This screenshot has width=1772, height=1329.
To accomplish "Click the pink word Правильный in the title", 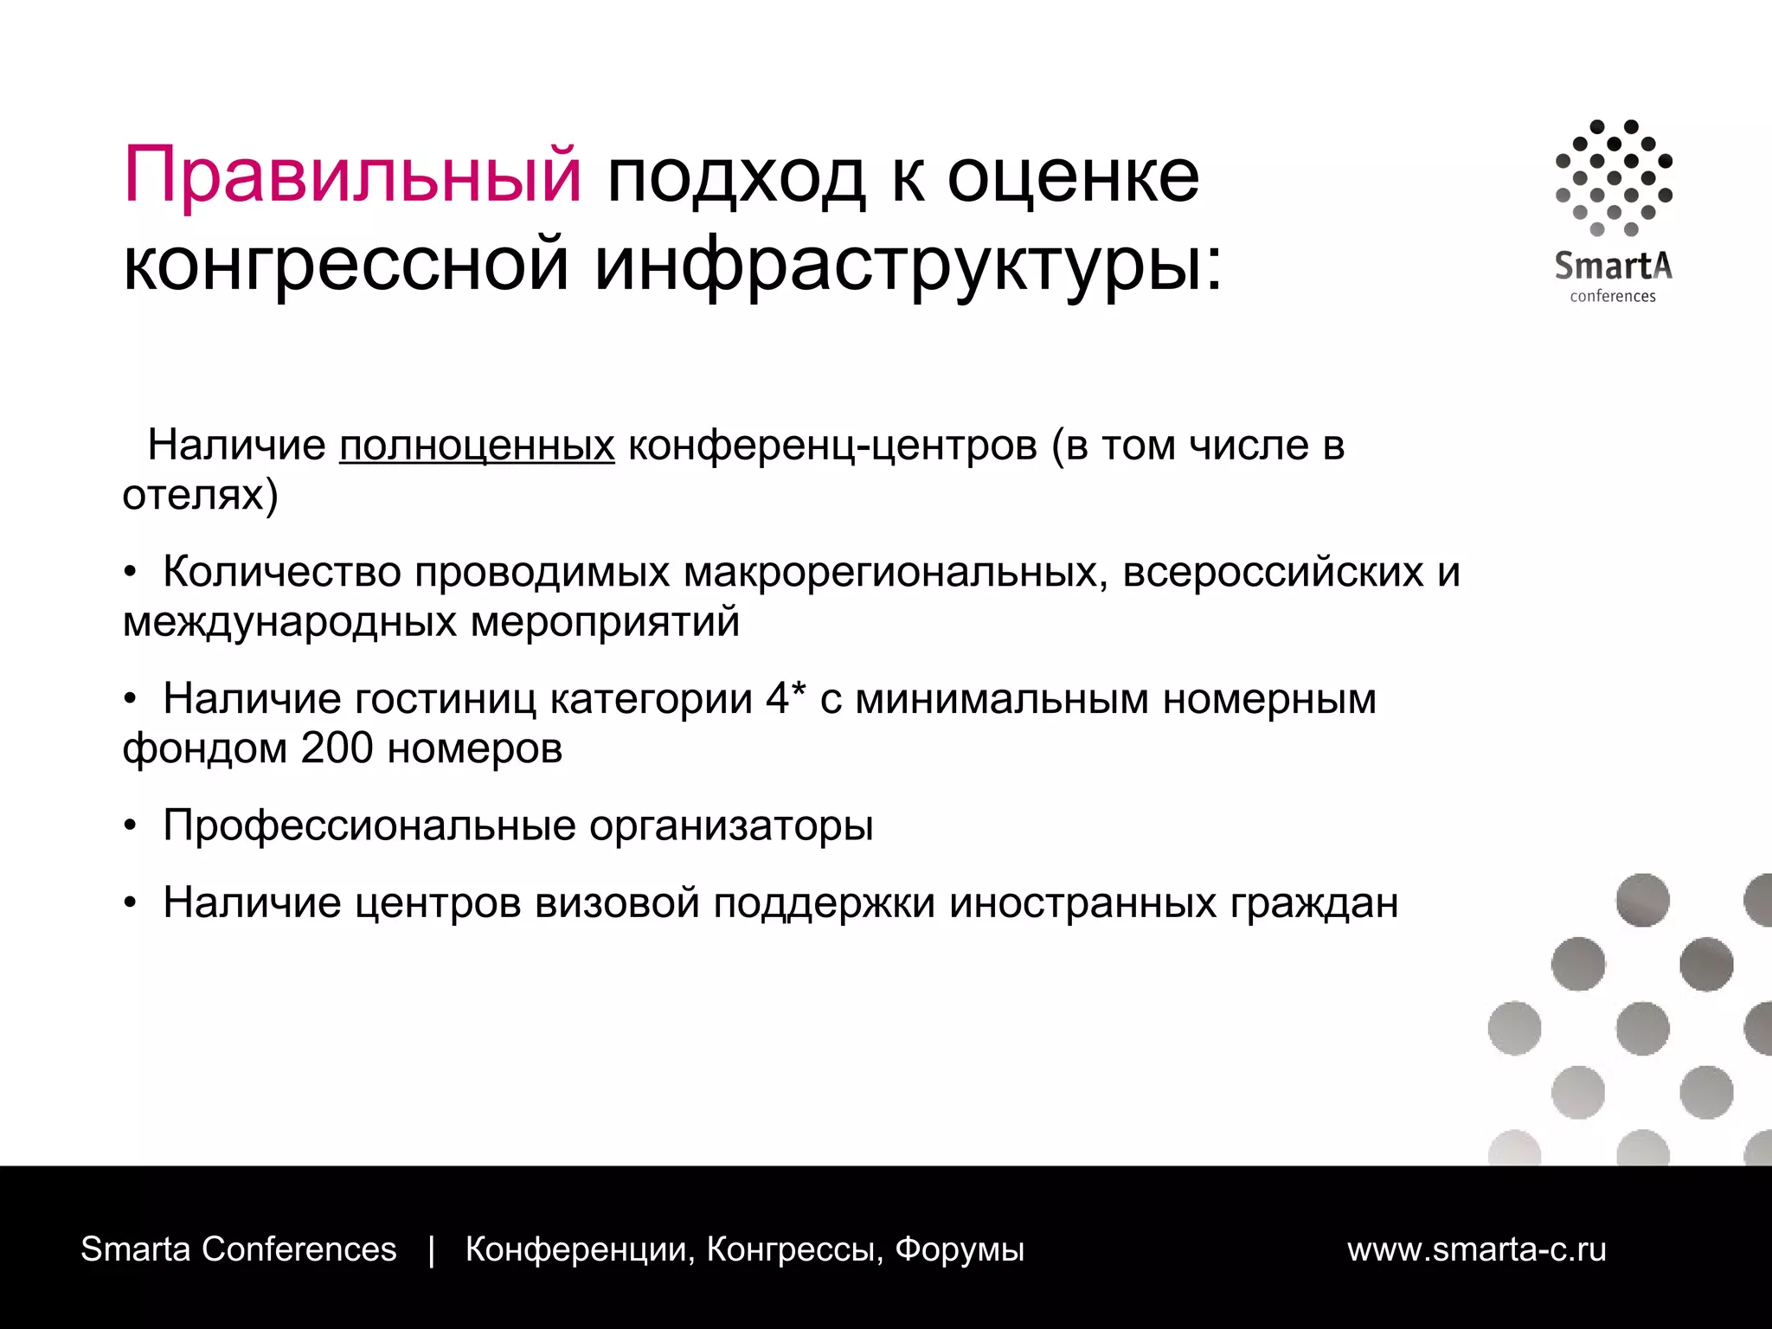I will pos(352,176).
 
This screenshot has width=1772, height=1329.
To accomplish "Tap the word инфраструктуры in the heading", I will pos(908,264).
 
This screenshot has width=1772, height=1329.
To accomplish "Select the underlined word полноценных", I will pos(477,446).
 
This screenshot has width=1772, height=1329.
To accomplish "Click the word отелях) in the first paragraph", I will pos(200,496).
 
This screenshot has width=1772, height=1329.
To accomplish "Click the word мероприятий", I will pos(606,622).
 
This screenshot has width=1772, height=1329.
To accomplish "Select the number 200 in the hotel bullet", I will pos(337,748).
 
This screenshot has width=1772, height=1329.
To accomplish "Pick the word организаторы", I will pos(731,825).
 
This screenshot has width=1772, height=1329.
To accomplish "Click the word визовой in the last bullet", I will pos(617,902).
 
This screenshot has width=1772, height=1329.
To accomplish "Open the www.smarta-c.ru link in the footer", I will pos(1476,1249).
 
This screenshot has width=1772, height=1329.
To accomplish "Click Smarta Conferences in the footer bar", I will pos(239,1249).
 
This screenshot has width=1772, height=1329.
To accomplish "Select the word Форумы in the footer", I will pos(960,1249).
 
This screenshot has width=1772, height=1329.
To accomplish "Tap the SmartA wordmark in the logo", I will pos(1613,266).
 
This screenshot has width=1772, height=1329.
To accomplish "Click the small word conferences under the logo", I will pos(1613,296).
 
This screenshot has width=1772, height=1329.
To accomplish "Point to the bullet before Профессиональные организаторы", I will pos(130,827).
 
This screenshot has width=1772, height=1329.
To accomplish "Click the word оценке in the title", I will pos(1073,176).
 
